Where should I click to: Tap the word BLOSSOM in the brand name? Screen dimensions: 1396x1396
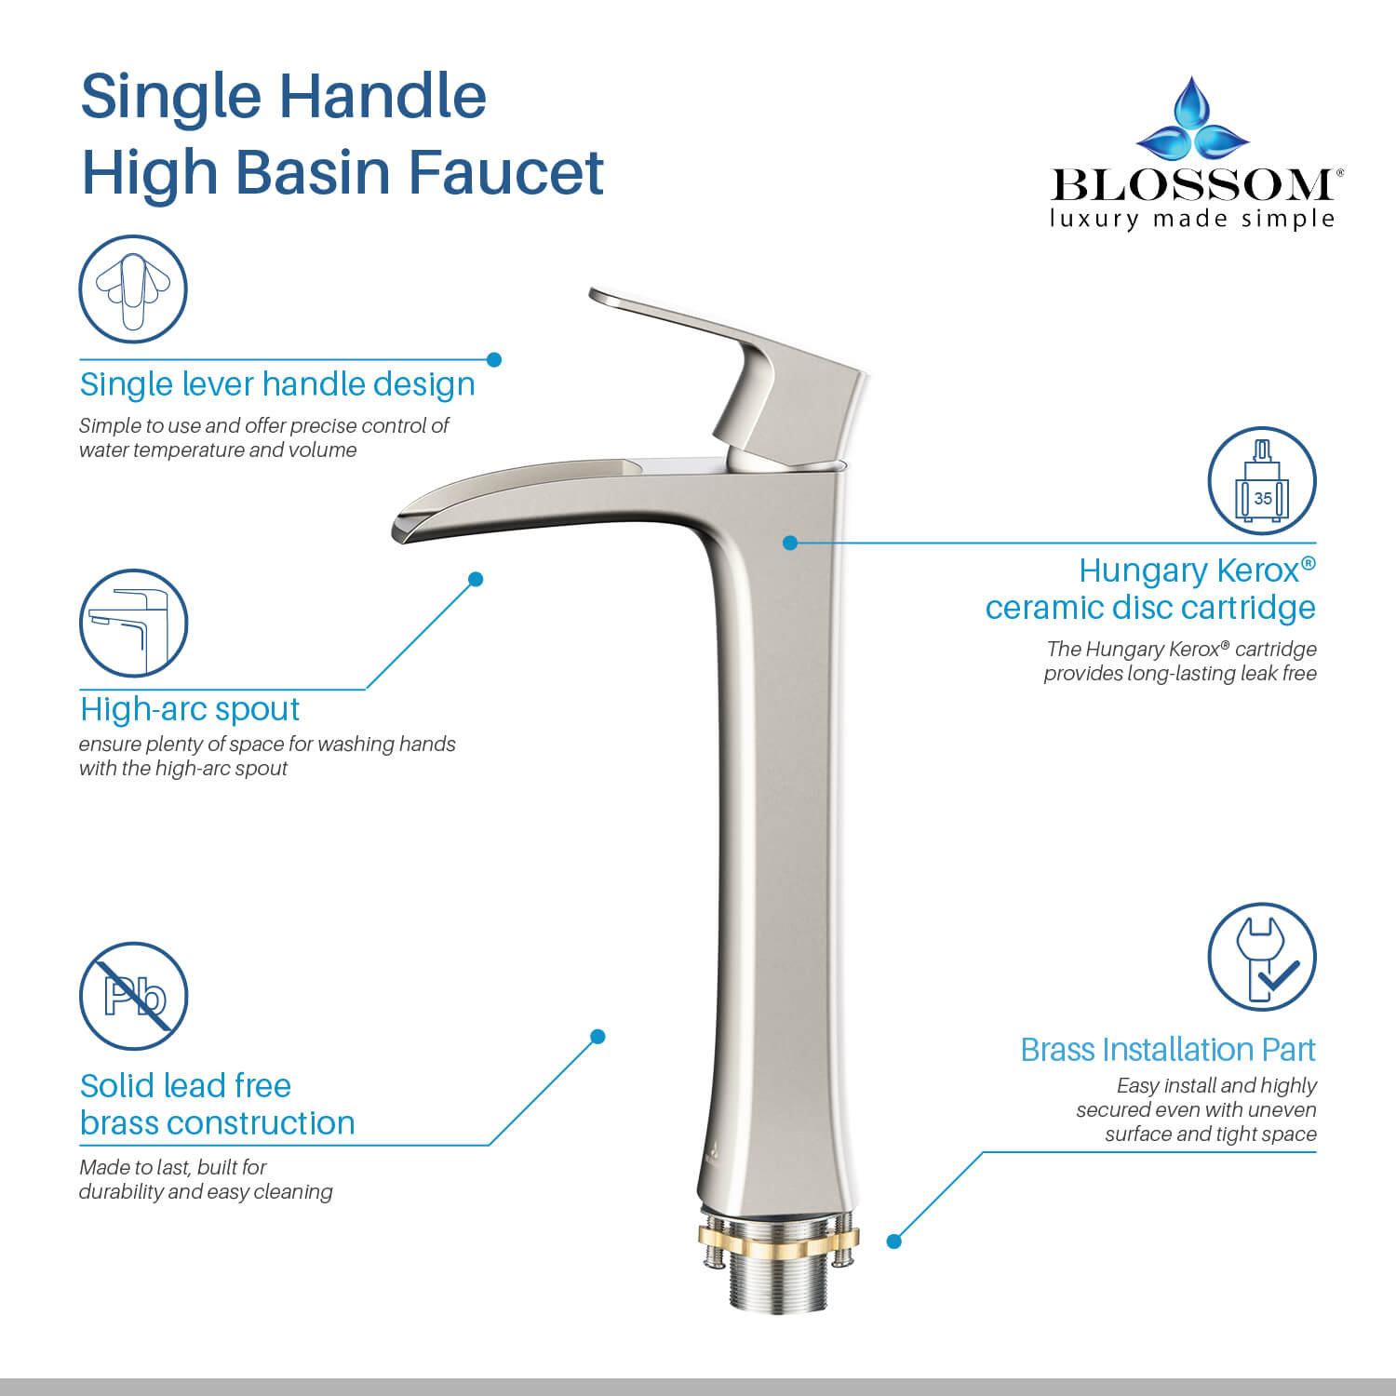click(x=1192, y=184)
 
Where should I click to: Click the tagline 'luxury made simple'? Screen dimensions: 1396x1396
click(x=1192, y=219)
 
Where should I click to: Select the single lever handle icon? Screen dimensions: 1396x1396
click(x=133, y=289)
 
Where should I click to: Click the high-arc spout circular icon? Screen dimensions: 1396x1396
click(x=133, y=623)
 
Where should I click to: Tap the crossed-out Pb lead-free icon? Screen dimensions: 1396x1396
click(x=133, y=995)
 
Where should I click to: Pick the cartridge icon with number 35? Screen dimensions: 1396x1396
click(x=1262, y=480)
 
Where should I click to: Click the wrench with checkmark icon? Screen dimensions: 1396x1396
click(x=1262, y=956)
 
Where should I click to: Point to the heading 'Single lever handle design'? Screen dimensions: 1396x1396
click(x=277, y=384)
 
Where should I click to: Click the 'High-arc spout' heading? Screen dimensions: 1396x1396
click(x=190, y=709)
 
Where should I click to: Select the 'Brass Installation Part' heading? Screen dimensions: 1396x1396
click(x=1168, y=1050)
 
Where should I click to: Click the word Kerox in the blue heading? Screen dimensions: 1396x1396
click(x=1256, y=570)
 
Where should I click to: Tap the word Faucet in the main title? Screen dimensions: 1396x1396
click(x=506, y=172)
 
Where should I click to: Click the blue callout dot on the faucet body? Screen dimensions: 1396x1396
click(x=790, y=543)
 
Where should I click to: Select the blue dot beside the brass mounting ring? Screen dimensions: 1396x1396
click(x=894, y=1241)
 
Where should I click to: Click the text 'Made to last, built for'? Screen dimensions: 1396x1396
click(x=173, y=1167)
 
